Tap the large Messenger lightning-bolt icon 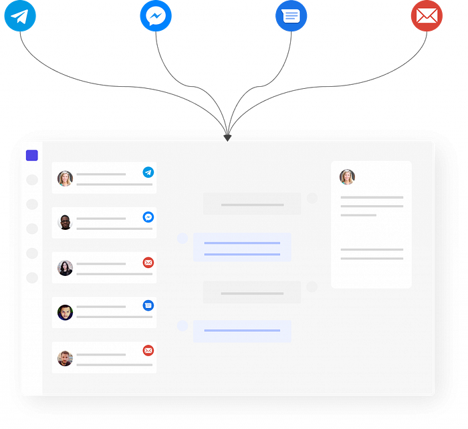click(x=156, y=16)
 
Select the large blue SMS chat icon click(x=291, y=16)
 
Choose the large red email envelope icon click(x=427, y=16)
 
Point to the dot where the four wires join click(x=228, y=136)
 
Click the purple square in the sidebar click(x=31, y=156)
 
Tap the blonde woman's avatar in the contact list click(x=65, y=178)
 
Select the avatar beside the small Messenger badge click(x=65, y=223)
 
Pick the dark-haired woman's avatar click(x=65, y=268)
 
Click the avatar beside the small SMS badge click(x=65, y=313)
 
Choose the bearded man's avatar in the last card click(x=65, y=358)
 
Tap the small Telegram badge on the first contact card click(x=148, y=172)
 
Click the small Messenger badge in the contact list click(x=148, y=217)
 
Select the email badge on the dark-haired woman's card click(x=148, y=263)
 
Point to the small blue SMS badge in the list click(x=148, y=305)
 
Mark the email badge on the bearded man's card click(x=148, y=350)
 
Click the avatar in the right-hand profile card click(x=347, y=177)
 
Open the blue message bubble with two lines click(x=242, y=248)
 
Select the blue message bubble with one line click(x=242, y=331)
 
